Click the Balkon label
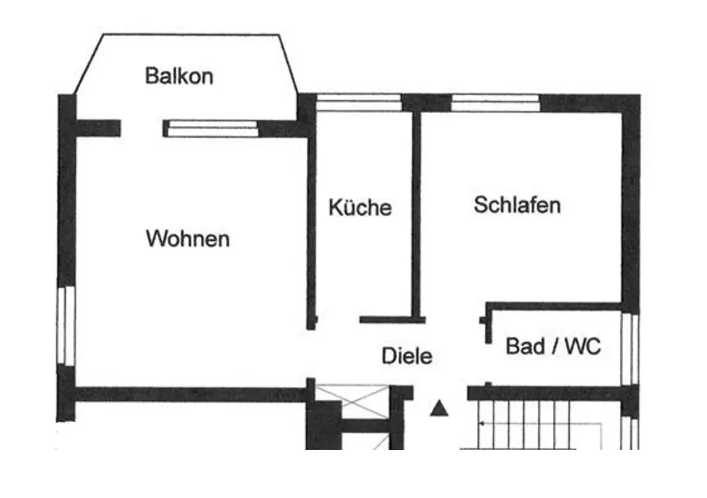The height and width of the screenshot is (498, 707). (179, 76)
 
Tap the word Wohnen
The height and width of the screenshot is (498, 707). (187, 239)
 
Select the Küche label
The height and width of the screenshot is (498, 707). (360, 208)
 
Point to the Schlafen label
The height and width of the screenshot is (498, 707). (517, 206)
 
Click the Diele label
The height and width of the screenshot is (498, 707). (407, 356)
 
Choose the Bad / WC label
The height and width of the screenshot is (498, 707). (553, 347)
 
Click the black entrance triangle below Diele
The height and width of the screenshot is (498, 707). (440, 408)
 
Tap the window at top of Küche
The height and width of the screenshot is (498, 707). (358, 103)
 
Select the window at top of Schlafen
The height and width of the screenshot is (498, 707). (495, 103)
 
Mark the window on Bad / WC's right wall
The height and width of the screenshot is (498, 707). (630, 350)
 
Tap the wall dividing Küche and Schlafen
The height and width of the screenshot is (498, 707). (416, 212)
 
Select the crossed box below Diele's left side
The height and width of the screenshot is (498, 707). (352, 401)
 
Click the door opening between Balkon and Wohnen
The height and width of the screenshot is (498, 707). (141, 129)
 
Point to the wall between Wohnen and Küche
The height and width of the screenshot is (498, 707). (311, 226)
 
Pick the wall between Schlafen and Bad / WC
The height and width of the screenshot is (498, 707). (555, 307)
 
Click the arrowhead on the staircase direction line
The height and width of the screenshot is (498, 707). (481, 424)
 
